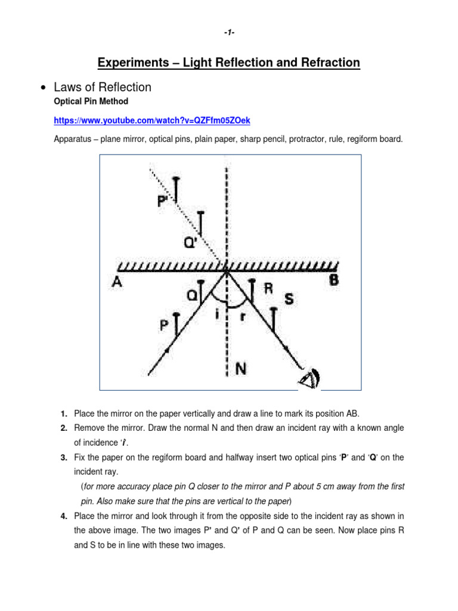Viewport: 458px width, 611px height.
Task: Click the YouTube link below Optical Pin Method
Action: [x=152, y=121]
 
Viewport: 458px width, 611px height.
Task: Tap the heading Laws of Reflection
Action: [x=103, y=87]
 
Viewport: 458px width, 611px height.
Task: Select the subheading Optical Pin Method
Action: [x=91, y=102]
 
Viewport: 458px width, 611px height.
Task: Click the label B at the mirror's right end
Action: [x=335, y=280]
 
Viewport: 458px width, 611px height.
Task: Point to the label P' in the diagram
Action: [x=163, y=202]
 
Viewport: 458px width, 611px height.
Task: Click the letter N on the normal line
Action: [x=242, y=368]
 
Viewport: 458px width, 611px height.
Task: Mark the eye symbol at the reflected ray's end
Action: [x=310, y=377]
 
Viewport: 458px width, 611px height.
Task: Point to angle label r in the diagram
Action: [x=242, y=317]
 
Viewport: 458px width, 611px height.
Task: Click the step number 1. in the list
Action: [x=63, y=414]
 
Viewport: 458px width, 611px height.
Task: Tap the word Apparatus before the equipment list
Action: [x=74, y=139]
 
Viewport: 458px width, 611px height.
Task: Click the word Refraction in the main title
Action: [x=332, y=63]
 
